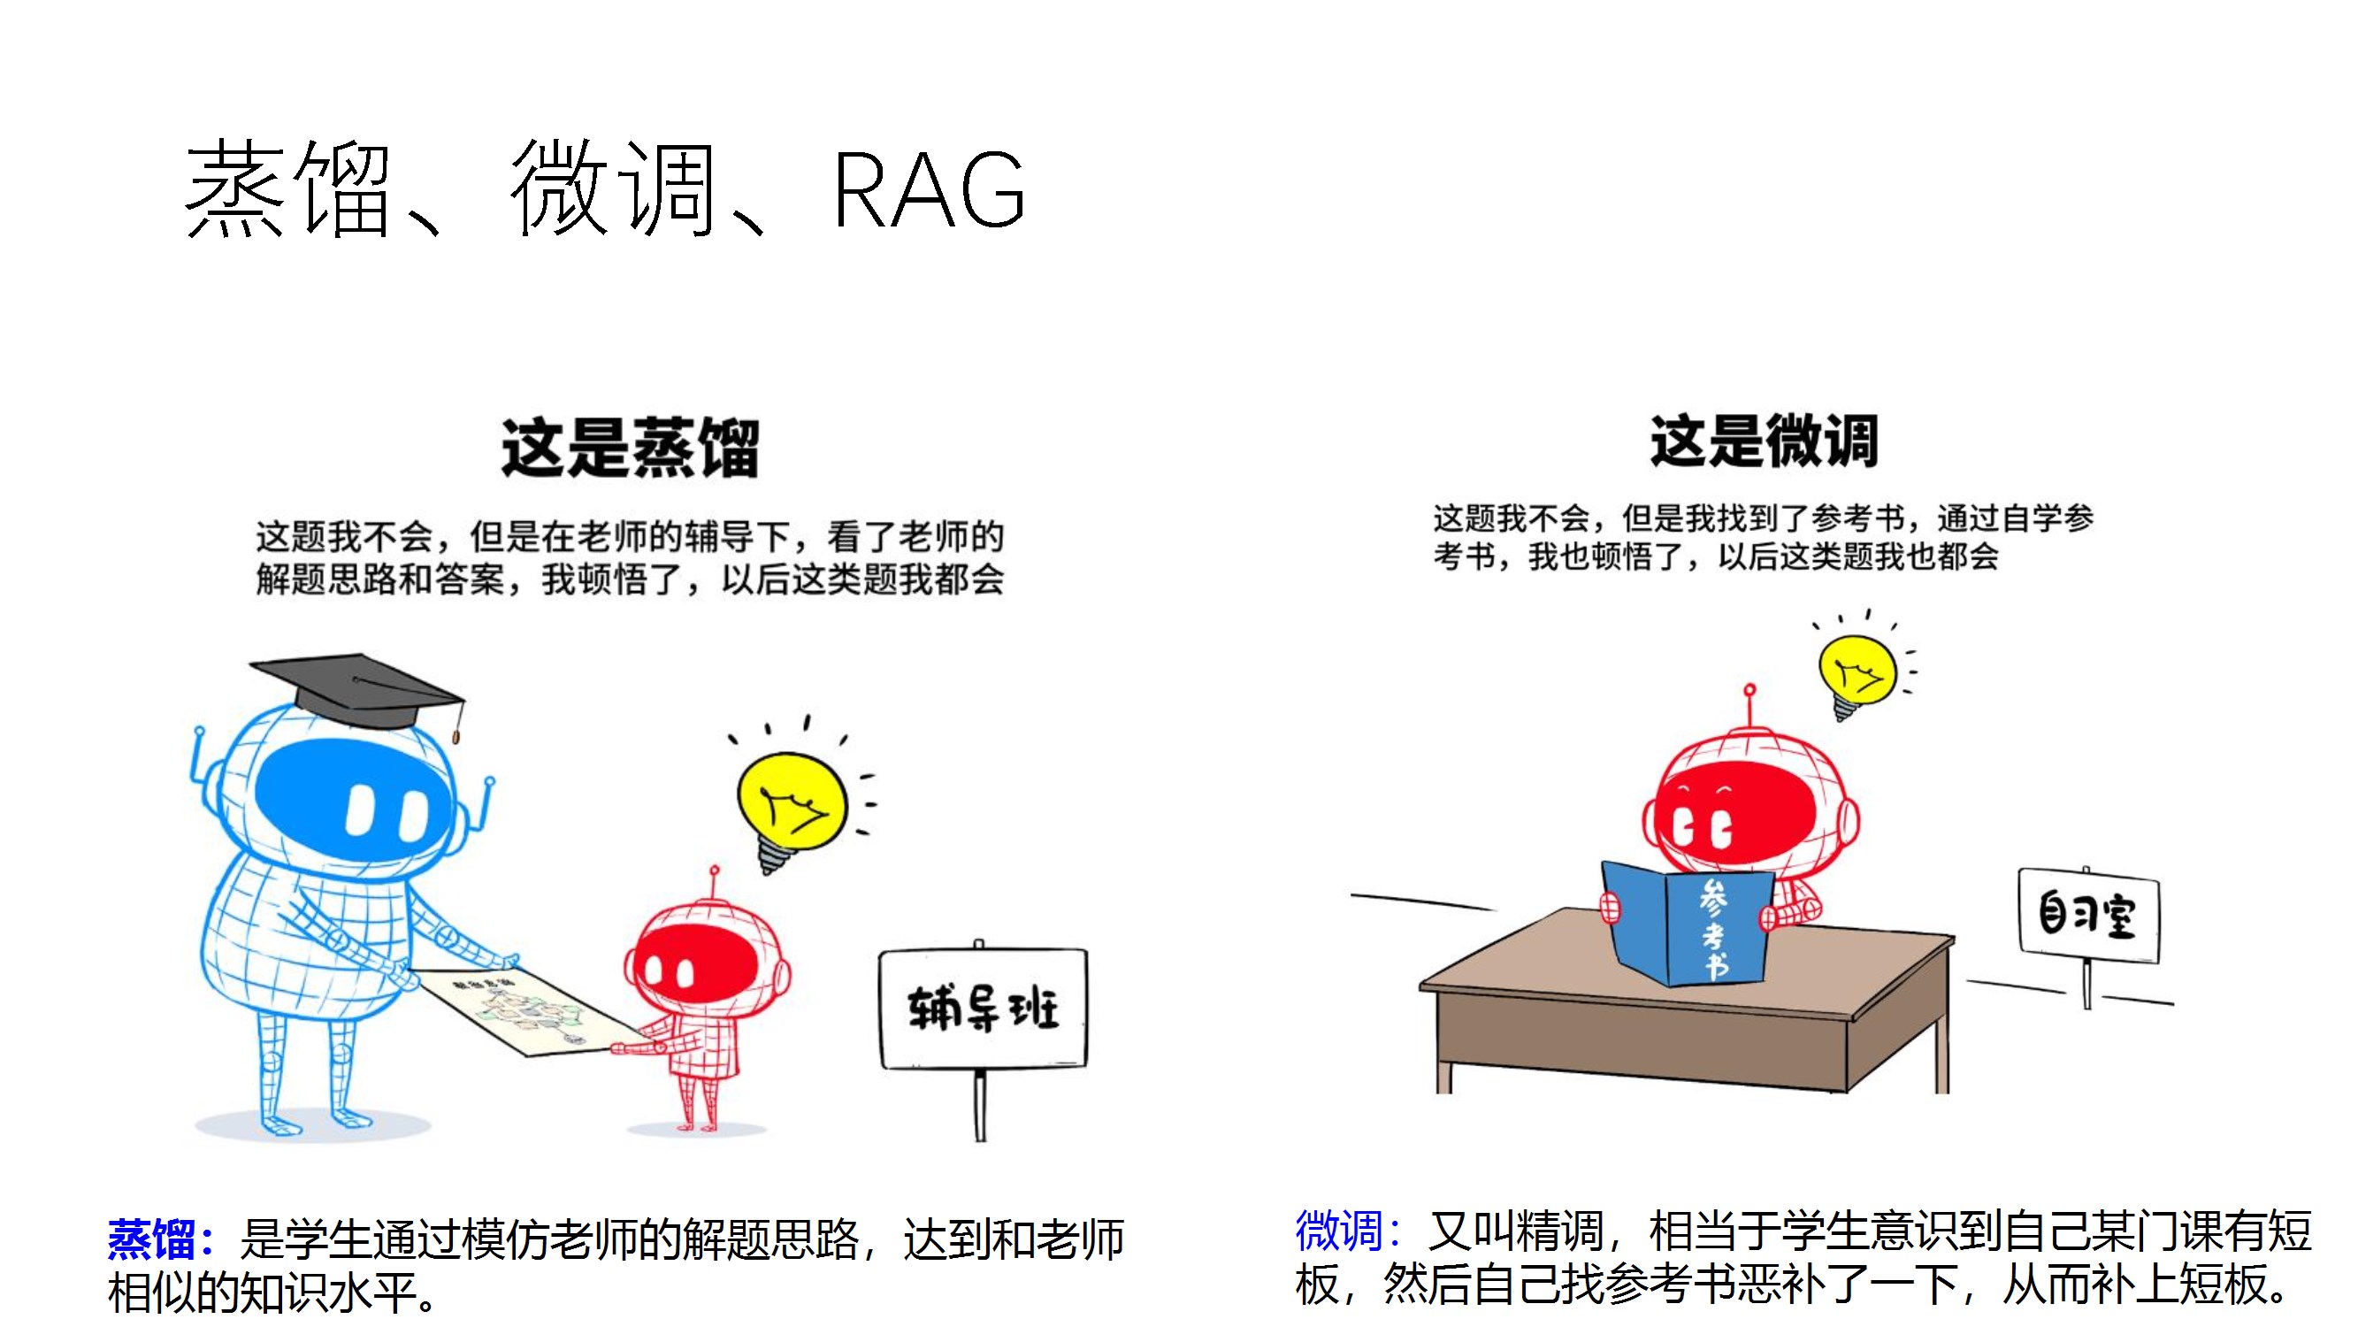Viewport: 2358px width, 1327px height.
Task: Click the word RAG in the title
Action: pyautogui.click(x=928, y=189)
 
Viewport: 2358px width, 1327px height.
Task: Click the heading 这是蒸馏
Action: pyautogui.click(x=630, y=448)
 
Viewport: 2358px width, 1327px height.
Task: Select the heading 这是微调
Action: pyautogui.click(x=1763, y=441)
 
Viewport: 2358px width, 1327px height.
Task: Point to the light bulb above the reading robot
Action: pyautogui.click(x=1857, y=673)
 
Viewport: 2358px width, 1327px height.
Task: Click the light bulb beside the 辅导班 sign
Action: pyautogui.click(x=791, y=806)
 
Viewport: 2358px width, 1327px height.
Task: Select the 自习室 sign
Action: pyautogui.click(x=2087, y=914)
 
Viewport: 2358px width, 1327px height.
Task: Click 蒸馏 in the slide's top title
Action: pyautogui.click(x=288, y=189)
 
